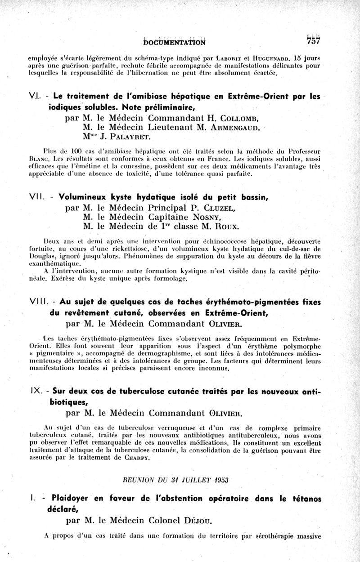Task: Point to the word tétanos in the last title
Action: click(302, 499)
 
